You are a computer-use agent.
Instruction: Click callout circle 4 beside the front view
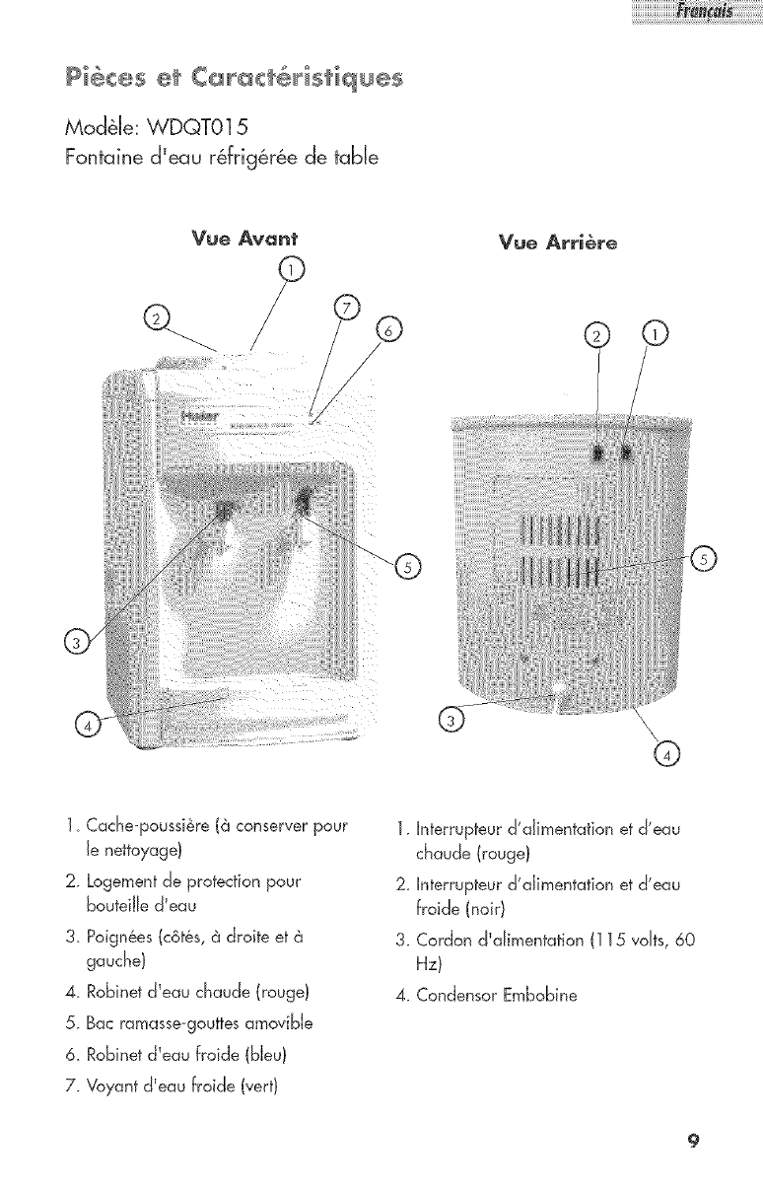pos(87,727)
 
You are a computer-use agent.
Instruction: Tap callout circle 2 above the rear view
pos(596,335)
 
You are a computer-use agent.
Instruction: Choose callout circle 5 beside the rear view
pos(704,559)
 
